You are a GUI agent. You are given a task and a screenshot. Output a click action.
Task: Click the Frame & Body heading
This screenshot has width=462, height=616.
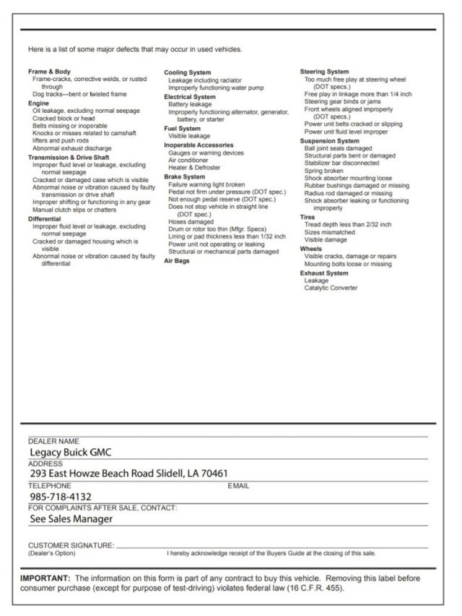(49, 72)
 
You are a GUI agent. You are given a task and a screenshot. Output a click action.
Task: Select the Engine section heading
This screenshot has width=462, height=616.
(38, 103)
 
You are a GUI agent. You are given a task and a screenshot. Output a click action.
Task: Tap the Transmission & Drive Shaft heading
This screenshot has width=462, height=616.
(69, 157)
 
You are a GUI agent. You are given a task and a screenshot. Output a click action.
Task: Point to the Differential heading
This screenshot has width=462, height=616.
(45, 218)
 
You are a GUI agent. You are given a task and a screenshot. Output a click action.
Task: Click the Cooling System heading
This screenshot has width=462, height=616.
(187, 73)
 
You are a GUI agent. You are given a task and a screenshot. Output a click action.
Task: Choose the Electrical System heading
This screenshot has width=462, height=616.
(189, 96)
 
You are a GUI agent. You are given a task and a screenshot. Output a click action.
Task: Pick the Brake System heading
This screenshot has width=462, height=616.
(184, 176)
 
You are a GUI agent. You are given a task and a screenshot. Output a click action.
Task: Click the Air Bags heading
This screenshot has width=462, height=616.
(178, 260)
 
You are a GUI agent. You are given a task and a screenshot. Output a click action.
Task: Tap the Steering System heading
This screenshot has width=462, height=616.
(324, 72)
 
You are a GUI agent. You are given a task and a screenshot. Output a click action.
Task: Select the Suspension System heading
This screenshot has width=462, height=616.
(329, 141)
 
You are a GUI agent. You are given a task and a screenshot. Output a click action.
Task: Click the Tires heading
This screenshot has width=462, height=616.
(308, 217)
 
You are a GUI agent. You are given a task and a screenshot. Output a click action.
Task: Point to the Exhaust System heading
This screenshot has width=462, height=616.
(323, 273)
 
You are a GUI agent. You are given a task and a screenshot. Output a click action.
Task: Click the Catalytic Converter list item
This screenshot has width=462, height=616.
(331, 288)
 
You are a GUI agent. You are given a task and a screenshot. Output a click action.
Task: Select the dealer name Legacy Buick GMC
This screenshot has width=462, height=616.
(70, 453)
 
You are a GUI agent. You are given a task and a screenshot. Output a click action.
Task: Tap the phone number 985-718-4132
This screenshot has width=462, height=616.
(61, 497)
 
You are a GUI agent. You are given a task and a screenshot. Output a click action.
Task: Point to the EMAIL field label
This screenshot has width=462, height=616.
(238, 486)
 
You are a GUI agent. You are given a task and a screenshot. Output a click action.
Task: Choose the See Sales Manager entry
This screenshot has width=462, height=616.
(71, 518)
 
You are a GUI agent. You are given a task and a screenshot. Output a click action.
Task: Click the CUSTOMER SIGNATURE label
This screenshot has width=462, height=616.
(71, 544)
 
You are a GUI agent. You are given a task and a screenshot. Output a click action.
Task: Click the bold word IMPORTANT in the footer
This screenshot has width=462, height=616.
(45, 578)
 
